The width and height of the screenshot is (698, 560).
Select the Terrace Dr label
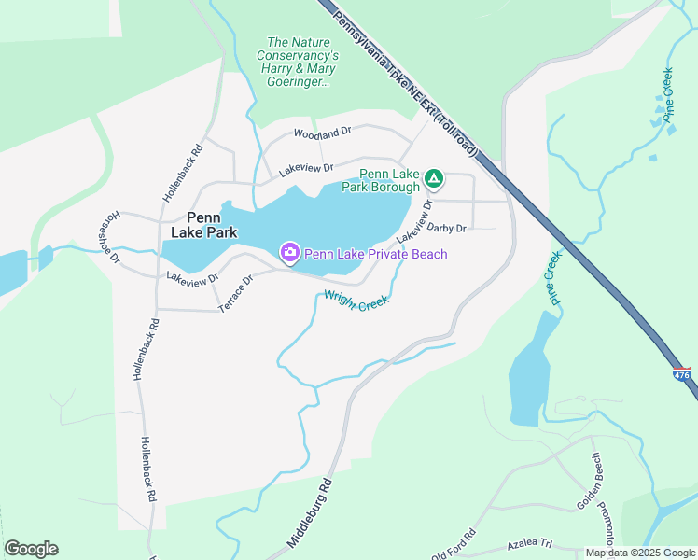pos(235,293)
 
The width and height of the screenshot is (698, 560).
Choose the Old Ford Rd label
pos(454,543)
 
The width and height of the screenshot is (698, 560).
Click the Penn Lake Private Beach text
pos(375,254)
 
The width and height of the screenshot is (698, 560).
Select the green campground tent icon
pos(433,177)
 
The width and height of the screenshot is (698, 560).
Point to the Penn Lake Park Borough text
pos(390,180)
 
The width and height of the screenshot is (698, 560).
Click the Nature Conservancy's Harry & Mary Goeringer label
pos(298,62)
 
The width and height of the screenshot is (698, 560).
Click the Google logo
pos(31,549)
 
